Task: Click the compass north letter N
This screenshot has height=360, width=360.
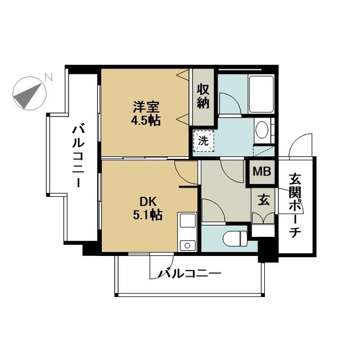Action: pyautogui.click(x=48, y=77)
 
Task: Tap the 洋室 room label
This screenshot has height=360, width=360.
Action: pyautogui.click(x=146, y=107)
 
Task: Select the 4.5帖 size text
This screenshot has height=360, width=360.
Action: pyautogui.click(x=146, y=120)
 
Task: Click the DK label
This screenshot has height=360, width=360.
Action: pyautogui.click(x=148, y=202)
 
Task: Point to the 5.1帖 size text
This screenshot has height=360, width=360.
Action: pyautogui.click(x=147, y=215)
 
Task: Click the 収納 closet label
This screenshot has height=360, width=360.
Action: pyautogui.click(x=203, y=96)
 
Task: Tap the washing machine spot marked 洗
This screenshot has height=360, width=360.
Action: pyautogui.click(x=203, y=141)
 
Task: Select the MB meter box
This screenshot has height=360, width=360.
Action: pyautogui.click(x=262, y=171)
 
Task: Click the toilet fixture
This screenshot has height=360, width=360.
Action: pyautogui.click(x=235, y=238)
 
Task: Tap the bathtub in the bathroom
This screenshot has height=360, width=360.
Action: pyautogui.click(x=262, y=94)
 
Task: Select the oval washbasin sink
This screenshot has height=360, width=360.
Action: pyautogui.click(x=262, y=130)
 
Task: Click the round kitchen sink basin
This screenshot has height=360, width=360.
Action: pyautogui.click(x=187, y=246)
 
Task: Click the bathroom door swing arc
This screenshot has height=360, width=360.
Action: pyautogui.click(x=230, y=103)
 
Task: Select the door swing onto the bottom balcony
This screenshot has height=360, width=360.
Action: pyautogui.click(x=161, y=266)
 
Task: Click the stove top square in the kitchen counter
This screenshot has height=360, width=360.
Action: pyautogui.click(x=187, y=220)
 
